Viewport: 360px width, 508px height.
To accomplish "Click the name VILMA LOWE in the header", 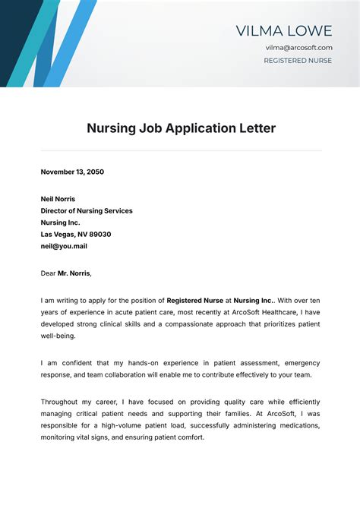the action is tap(284, 31).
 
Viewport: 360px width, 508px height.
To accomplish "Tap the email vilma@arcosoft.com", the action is tap(298, 48).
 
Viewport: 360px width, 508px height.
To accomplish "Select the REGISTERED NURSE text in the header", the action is tap(298, 61).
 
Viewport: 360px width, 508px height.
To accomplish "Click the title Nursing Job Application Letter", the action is tap(181, 128).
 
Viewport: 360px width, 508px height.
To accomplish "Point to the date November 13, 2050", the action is tap(72, 172).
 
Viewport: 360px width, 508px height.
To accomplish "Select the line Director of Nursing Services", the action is tap(87, 211).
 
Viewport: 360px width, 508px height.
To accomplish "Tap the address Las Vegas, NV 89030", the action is tap(76, 235).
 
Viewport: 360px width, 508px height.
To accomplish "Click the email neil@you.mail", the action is tap(64, 246).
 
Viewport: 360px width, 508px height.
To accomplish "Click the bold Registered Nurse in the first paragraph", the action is tap(194, 300).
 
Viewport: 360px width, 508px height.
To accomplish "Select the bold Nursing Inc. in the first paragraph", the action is tap(257, 300).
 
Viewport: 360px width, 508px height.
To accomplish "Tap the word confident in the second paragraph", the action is tap(81, 363).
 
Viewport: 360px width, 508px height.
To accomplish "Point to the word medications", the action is tap(297, 425).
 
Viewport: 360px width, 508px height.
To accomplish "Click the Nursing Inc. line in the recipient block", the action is tap(60, 222).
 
